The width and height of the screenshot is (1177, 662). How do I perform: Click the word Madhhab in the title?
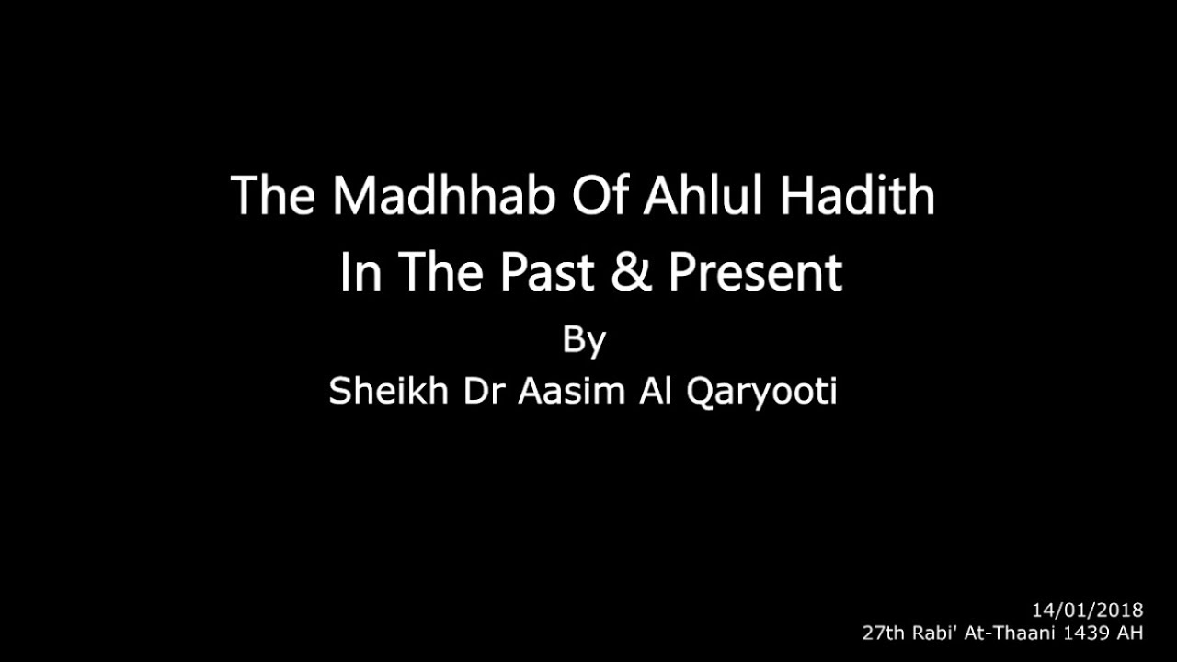coord(445,195)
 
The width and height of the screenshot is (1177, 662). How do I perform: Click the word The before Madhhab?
coord(273,195)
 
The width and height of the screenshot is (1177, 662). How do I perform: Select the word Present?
coord(755,272)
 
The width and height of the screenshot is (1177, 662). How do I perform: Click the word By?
coord(584,341)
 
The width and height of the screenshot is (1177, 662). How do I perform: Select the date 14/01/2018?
coord(1087,610)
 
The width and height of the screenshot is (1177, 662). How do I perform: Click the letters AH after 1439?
coord(1130,633)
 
